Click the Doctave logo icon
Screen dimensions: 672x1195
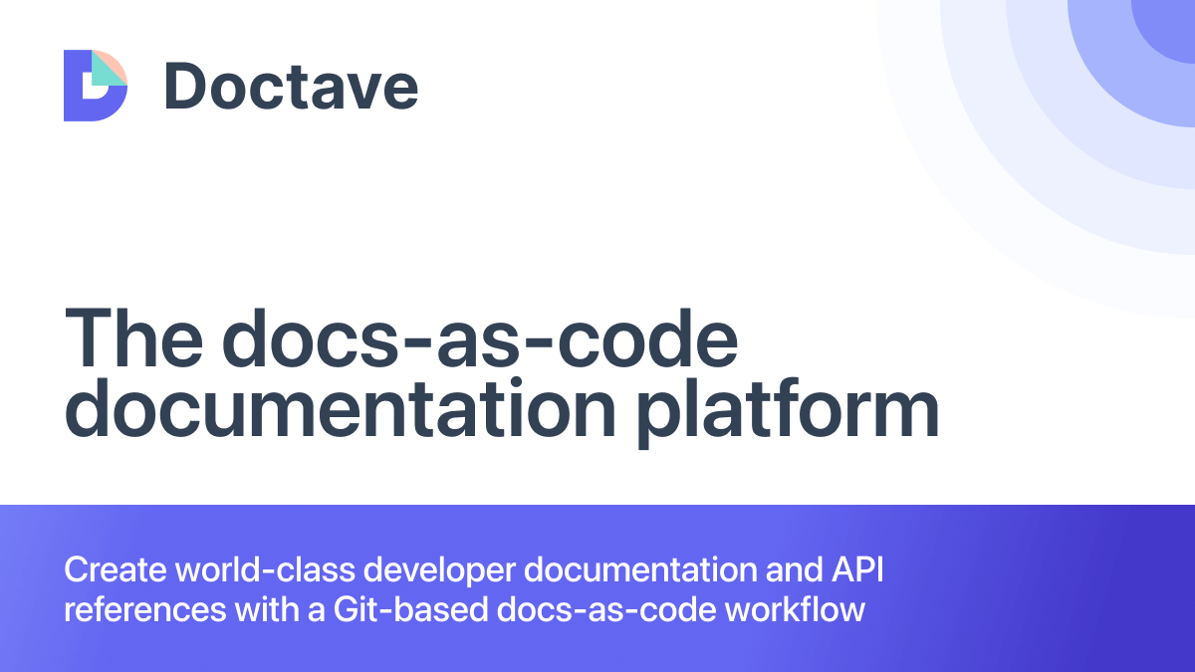point(95,86)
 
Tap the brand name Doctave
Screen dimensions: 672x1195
point(291,86)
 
